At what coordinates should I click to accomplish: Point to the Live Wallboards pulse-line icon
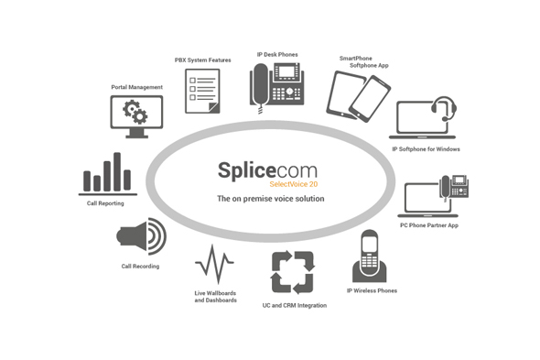216,267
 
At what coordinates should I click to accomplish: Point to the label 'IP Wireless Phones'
373,290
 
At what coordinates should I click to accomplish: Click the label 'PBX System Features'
202,60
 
